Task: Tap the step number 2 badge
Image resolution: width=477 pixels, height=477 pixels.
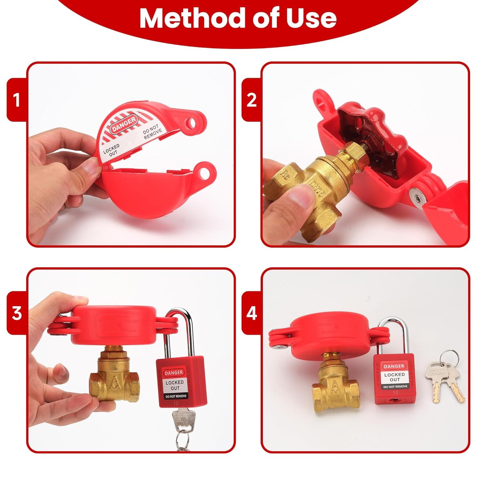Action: click(252, 100)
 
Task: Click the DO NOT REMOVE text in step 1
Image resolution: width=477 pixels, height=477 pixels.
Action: click(152, 133)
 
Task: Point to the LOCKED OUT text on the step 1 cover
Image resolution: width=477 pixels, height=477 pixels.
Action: click(112, 149)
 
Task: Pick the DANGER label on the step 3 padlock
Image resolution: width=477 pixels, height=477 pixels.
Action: click(174, 372)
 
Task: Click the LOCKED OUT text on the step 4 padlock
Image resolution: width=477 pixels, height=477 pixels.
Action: click(394, 377)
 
